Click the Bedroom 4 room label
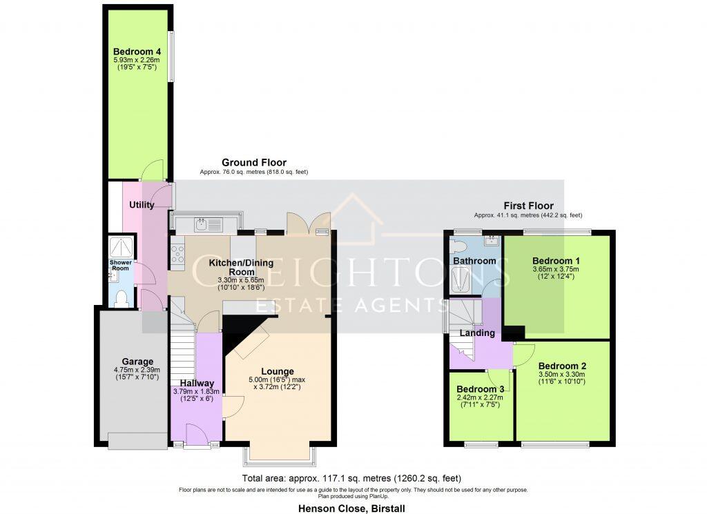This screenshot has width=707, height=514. pyautogui.click(x=137, y=51)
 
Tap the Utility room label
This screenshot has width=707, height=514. pyautogui.click(x=142, y=205)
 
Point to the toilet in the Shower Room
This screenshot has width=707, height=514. pyautogui.click(x=122, y=298)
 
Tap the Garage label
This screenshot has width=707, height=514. pyautogui.click(x=137, y=362)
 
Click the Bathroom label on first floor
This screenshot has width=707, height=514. pyautogui.click(x=475, y=261)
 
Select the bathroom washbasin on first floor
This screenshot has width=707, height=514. pyautogui.click(x=492, y=241)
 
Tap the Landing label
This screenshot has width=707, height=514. pyautogui.click(x=478, y=333)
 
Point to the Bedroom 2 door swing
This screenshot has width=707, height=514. pyautogui.click(x=525, y=352)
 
